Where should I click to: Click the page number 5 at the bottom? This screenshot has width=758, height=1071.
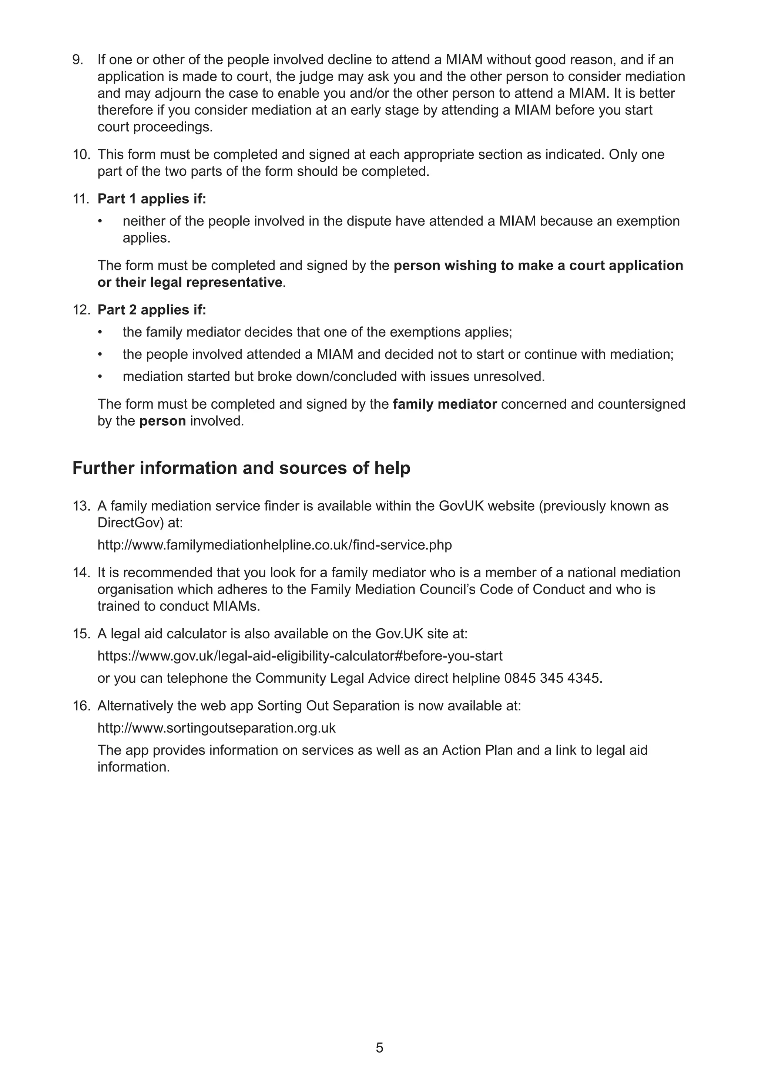pos(379,1048)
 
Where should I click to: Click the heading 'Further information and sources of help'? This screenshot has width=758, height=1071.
pos(241,468)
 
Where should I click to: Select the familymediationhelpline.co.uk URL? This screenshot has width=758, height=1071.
pos(275,545)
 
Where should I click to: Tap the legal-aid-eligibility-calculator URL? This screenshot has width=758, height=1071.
pos(300,656)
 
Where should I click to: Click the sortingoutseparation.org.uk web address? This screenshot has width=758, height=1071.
pos(216,728)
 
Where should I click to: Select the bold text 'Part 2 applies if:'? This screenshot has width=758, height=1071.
pos(152,310)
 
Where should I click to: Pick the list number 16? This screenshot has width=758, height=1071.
pos(81,706)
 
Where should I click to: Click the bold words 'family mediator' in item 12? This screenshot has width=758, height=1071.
pos(445,404)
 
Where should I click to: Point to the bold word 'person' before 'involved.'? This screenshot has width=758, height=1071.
pos(162,421)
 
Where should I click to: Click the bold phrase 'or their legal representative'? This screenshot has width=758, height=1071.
pos(190,282)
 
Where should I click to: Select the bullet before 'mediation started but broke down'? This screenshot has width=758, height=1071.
pos(100,376)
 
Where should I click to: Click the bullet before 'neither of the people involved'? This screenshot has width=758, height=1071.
pos(100,221)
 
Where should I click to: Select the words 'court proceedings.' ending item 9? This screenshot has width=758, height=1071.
pos(155,127)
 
